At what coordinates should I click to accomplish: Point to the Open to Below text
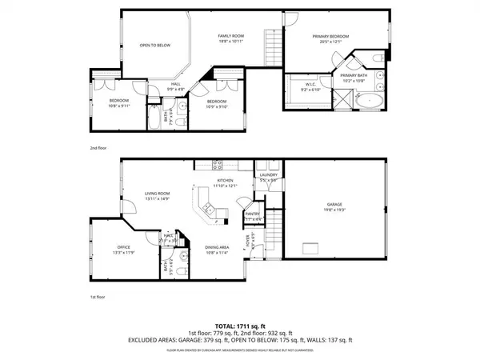(x=155, y=46)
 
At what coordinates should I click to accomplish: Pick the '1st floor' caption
(x=99, y=297)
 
